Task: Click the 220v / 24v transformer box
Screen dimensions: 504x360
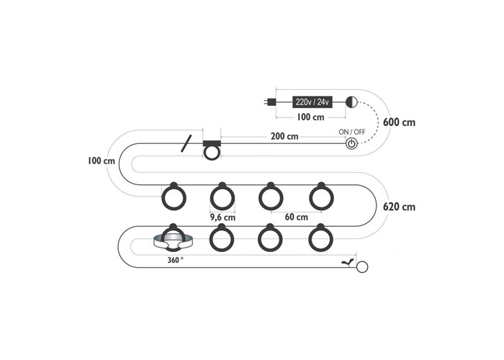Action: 312,102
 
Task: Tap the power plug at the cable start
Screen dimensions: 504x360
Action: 270,102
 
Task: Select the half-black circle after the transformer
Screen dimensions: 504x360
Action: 351,102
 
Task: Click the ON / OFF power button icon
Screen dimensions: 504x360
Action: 351,143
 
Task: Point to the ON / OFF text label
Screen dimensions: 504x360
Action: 352,132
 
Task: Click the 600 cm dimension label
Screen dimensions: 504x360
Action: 399,122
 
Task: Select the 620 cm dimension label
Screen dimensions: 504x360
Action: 399,207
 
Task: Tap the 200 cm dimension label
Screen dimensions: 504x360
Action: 284,136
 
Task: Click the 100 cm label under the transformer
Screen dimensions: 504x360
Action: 310,117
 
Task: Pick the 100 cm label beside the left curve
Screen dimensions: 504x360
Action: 102,161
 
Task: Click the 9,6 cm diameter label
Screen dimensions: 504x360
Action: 222,217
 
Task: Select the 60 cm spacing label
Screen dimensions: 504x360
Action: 297,217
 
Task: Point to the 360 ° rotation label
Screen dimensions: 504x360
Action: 176,260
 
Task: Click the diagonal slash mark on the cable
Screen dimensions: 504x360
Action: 186,143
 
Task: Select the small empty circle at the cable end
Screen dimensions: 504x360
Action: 362,267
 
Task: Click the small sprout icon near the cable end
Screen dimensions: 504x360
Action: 348,262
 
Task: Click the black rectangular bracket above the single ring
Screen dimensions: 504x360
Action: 212,143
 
